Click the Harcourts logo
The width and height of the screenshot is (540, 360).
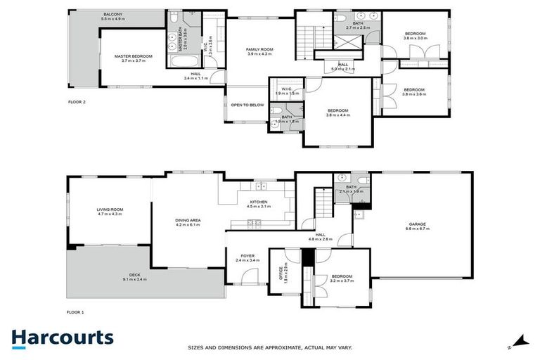(x=62, y=337)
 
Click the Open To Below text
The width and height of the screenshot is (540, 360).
(x=247, y=105)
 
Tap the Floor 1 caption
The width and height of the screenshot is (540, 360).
(x=75, y=311)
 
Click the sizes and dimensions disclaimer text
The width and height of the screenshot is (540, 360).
(x=280, y=347)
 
